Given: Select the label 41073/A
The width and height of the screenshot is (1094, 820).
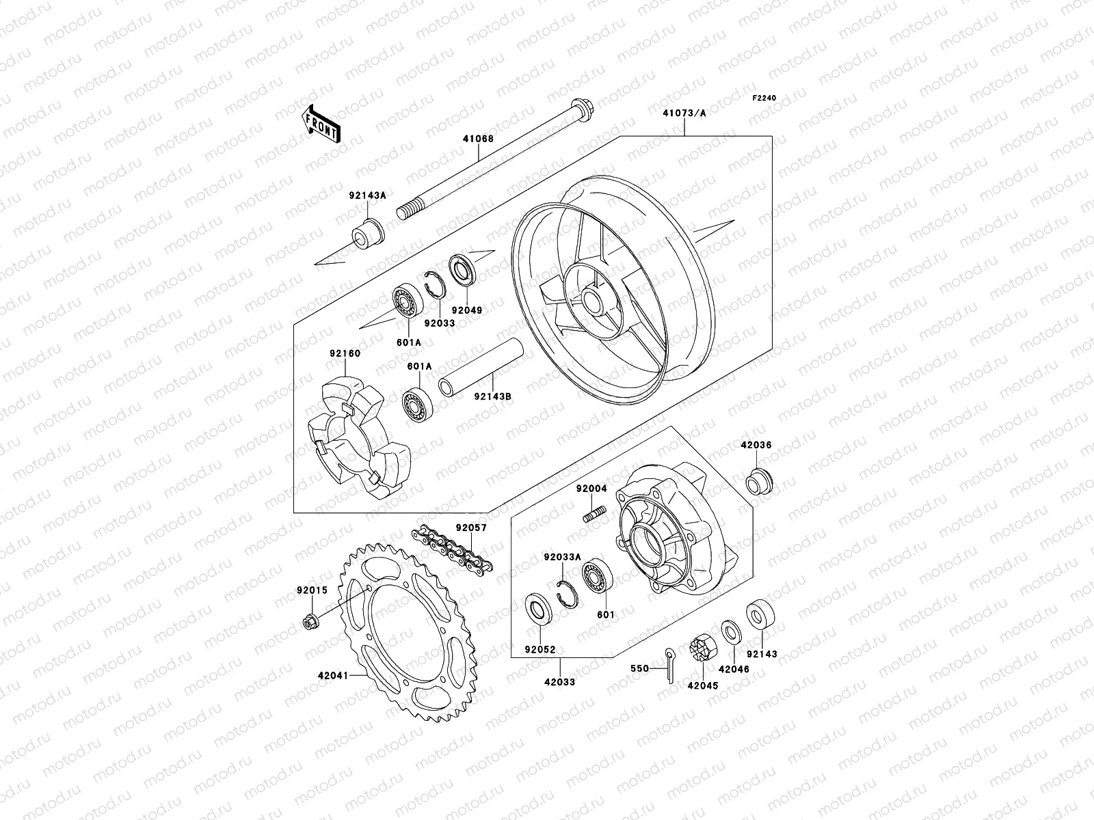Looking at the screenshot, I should coord(684,113).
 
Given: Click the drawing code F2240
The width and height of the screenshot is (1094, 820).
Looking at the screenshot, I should coord(764,98).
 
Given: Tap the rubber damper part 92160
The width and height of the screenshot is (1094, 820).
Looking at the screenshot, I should coord(356,437).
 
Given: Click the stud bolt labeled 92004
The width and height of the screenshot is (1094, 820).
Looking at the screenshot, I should coord(595,512).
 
